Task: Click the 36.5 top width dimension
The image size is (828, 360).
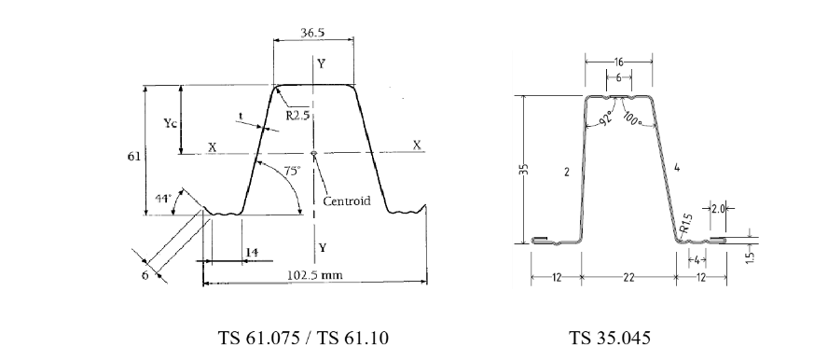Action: pos(312,32)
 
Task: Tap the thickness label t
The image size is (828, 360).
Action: pos(241,117)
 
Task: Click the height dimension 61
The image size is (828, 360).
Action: pos(133,158)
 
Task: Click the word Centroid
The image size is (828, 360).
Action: pos(347,200)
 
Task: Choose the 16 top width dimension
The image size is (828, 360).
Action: pos(617,62)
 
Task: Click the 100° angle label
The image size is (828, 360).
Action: pos(636,118)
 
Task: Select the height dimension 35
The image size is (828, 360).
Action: pos(523,169)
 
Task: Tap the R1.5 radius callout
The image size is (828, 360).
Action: pos(685,222)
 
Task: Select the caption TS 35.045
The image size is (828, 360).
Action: pos(610,337)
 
